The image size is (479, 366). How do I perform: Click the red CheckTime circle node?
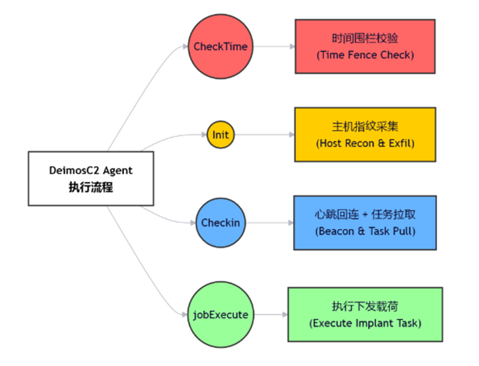click(221, 46)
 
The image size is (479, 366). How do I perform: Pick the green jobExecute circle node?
click(221, 314)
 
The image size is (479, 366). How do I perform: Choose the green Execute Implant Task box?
click(364, 314)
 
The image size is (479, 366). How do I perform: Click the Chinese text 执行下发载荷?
click(364, 306)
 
